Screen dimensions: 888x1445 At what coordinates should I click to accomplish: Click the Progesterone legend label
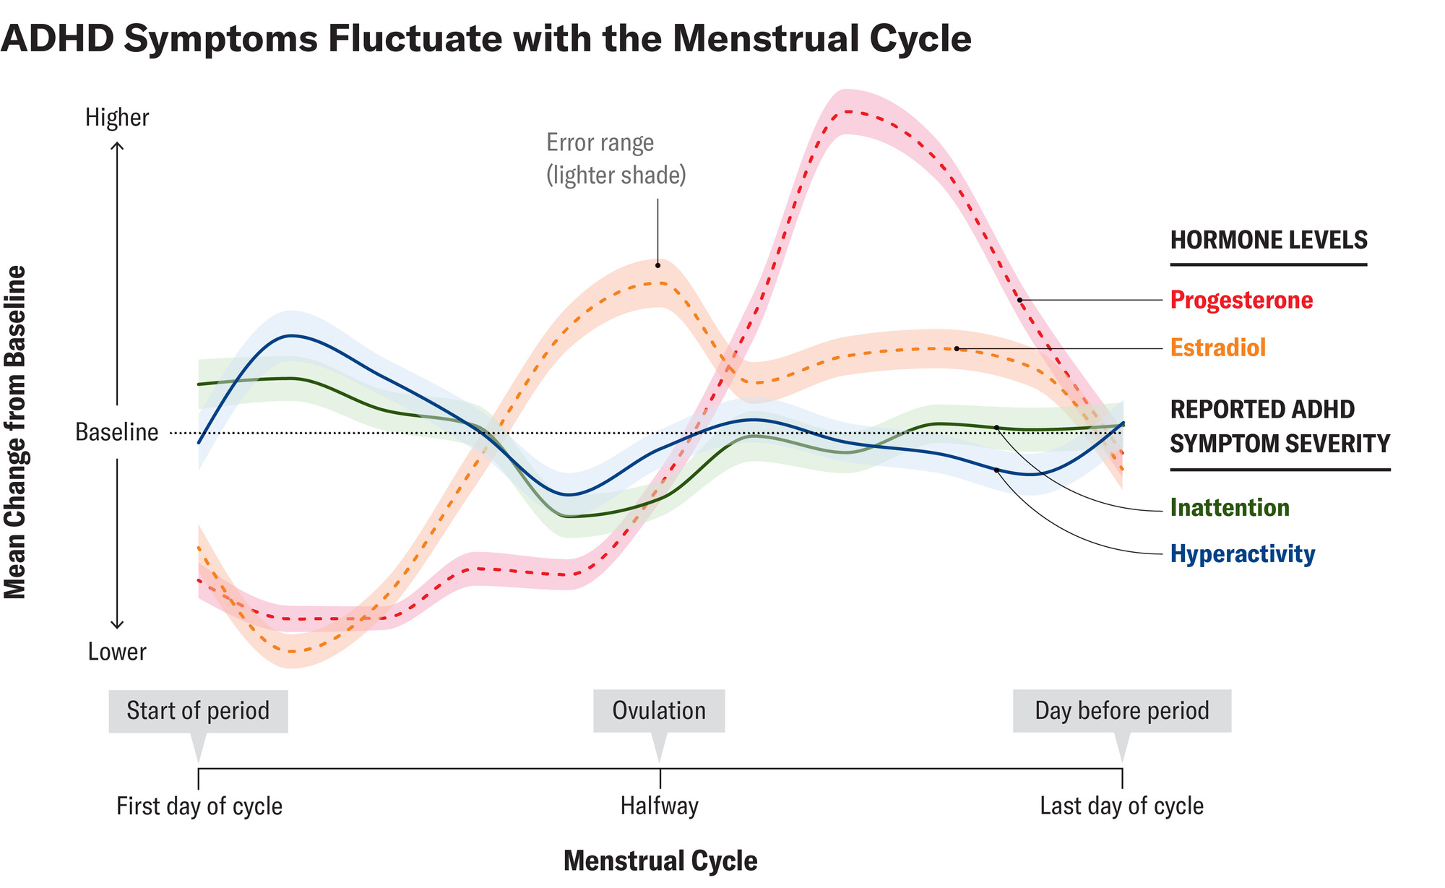click(x=1241, y=300)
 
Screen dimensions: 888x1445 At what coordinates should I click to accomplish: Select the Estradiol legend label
click(x=1218, y=348)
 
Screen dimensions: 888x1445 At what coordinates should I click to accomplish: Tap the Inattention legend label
click(x=1230, y=507)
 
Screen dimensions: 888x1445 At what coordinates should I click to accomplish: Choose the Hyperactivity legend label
click(x=1243, y=554)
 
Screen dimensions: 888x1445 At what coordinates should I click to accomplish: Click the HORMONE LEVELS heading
click(x=1269, y=240)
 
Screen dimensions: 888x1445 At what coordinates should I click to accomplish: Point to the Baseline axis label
click(x=116, y=432)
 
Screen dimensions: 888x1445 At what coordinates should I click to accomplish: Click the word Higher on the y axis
click(x=117, y=117)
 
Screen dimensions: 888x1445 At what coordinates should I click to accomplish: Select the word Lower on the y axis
click(x=117, y=652)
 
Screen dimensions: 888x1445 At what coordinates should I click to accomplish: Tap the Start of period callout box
click(x=198, y=711)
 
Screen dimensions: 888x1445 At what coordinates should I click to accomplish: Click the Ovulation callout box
click(x=659, y=711)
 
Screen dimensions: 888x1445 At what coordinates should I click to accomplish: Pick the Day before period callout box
click(x=1121, y=711)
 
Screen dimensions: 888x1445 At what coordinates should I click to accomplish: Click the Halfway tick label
click(x=660, y=806)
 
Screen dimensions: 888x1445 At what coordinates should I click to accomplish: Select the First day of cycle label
click(x=199, y=806)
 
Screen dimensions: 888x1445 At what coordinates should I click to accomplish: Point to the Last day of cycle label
click(x=1121, y=806)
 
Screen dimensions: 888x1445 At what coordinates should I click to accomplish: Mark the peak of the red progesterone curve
click(x=847, y=111)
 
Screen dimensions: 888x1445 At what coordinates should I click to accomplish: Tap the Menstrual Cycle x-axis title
click(x=660, y=861)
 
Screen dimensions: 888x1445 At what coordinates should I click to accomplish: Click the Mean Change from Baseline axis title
click(x=15, y=432)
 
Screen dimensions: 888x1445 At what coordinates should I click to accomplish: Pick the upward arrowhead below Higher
click(x=117, y=146)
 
